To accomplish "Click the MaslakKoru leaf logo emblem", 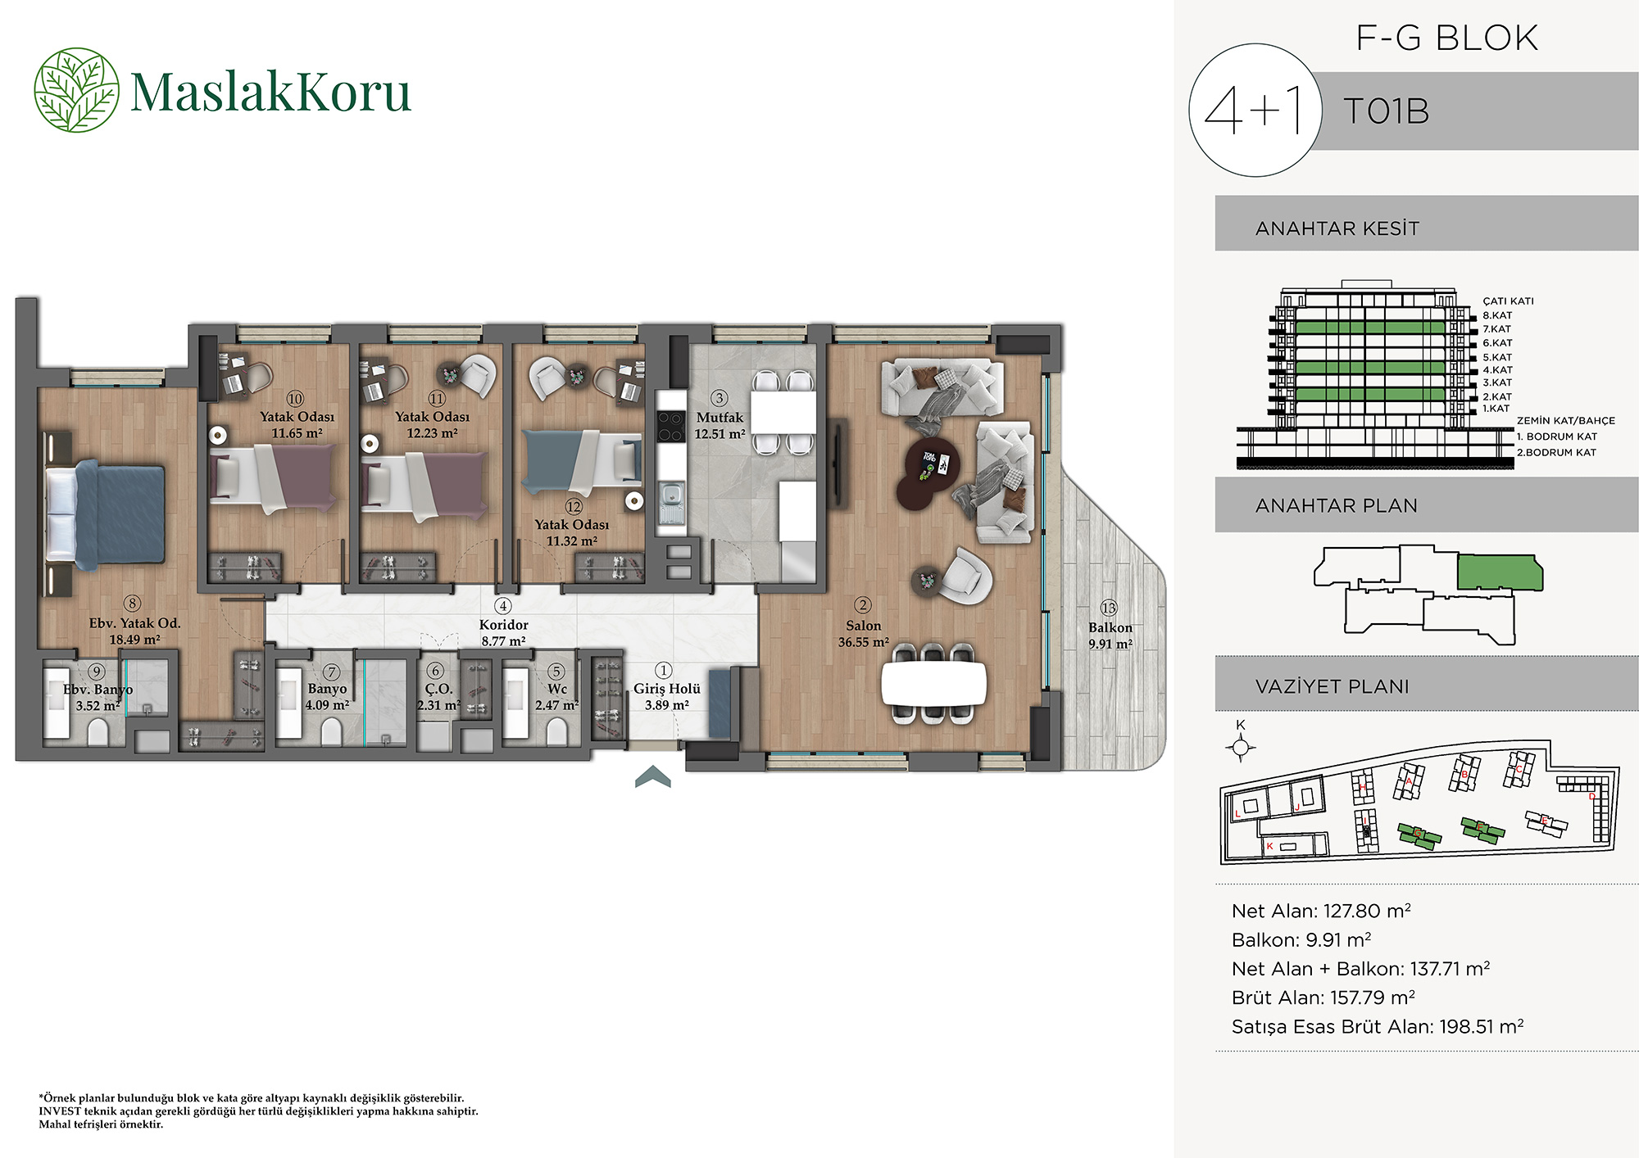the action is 76,90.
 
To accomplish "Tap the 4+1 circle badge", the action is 1255,110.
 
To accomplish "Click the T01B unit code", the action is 1387,111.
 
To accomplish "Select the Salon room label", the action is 863,626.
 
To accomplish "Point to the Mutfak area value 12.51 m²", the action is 720,434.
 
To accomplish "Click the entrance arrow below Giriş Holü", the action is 653,776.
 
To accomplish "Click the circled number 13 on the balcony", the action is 1109,608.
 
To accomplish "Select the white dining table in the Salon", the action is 933,682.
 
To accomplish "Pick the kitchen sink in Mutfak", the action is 671,496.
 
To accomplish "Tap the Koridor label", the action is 503,625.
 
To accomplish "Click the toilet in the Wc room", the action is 556,731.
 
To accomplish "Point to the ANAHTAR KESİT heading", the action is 1337,228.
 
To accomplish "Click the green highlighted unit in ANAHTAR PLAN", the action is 1499,572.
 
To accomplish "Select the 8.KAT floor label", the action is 1497,315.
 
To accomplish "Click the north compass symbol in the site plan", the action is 1241,747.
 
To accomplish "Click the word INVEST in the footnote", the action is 60,1111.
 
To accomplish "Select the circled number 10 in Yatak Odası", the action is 295,399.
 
